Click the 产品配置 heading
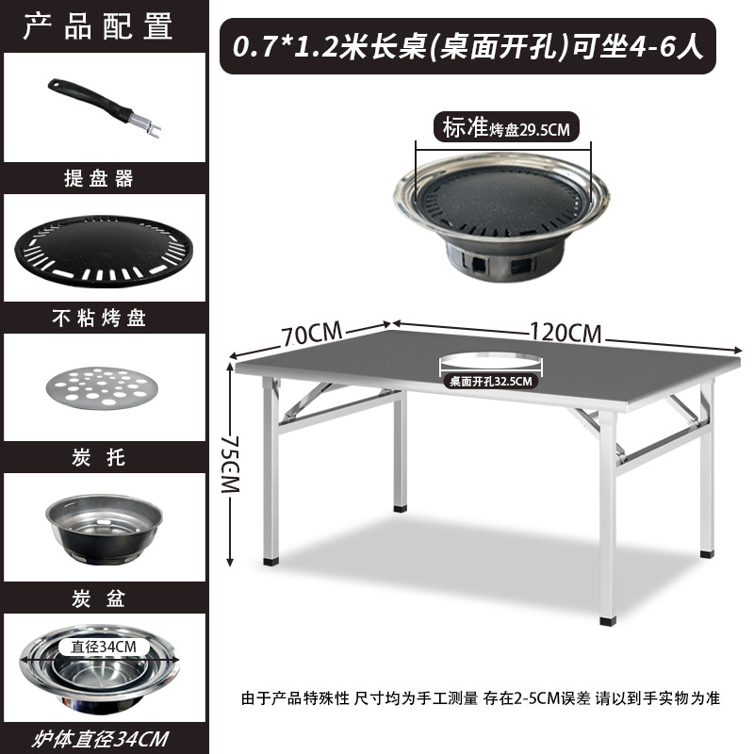[98, 25]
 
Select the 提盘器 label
[98, 178]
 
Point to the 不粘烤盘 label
[98, 319]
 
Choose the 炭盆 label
[98, 598]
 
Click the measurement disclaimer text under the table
[481, 698]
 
